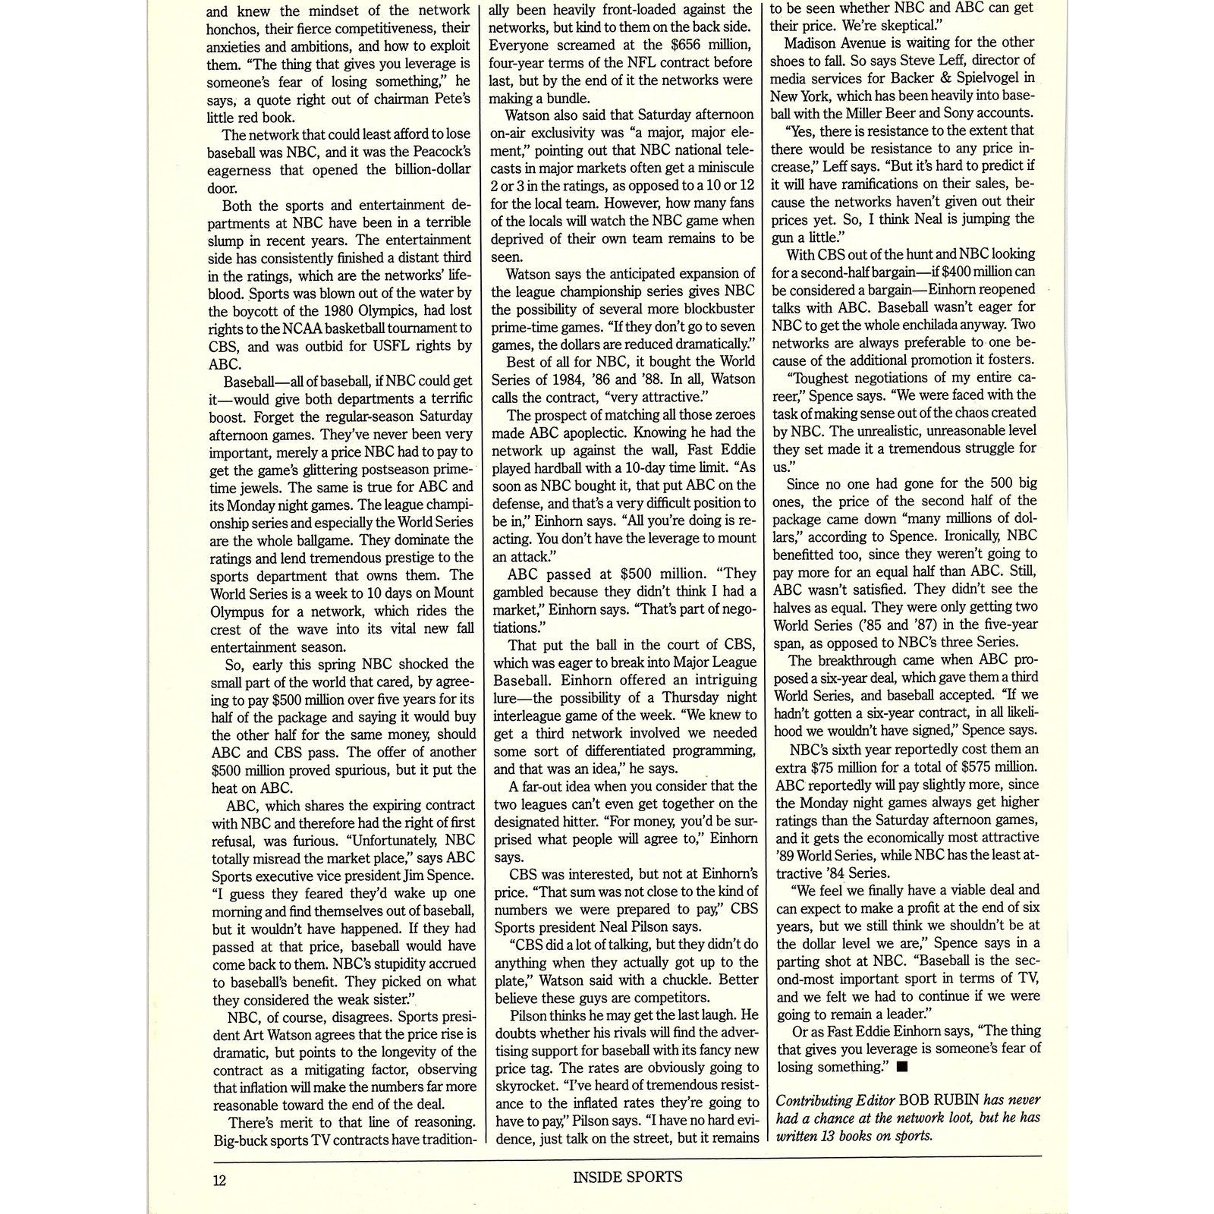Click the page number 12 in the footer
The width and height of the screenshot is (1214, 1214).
coord(219,1180)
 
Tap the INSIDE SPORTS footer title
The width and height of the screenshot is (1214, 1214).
coord(627,1177)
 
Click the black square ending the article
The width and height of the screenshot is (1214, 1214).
coord(901,1067)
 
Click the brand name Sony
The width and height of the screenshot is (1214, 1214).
coord(961,112)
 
